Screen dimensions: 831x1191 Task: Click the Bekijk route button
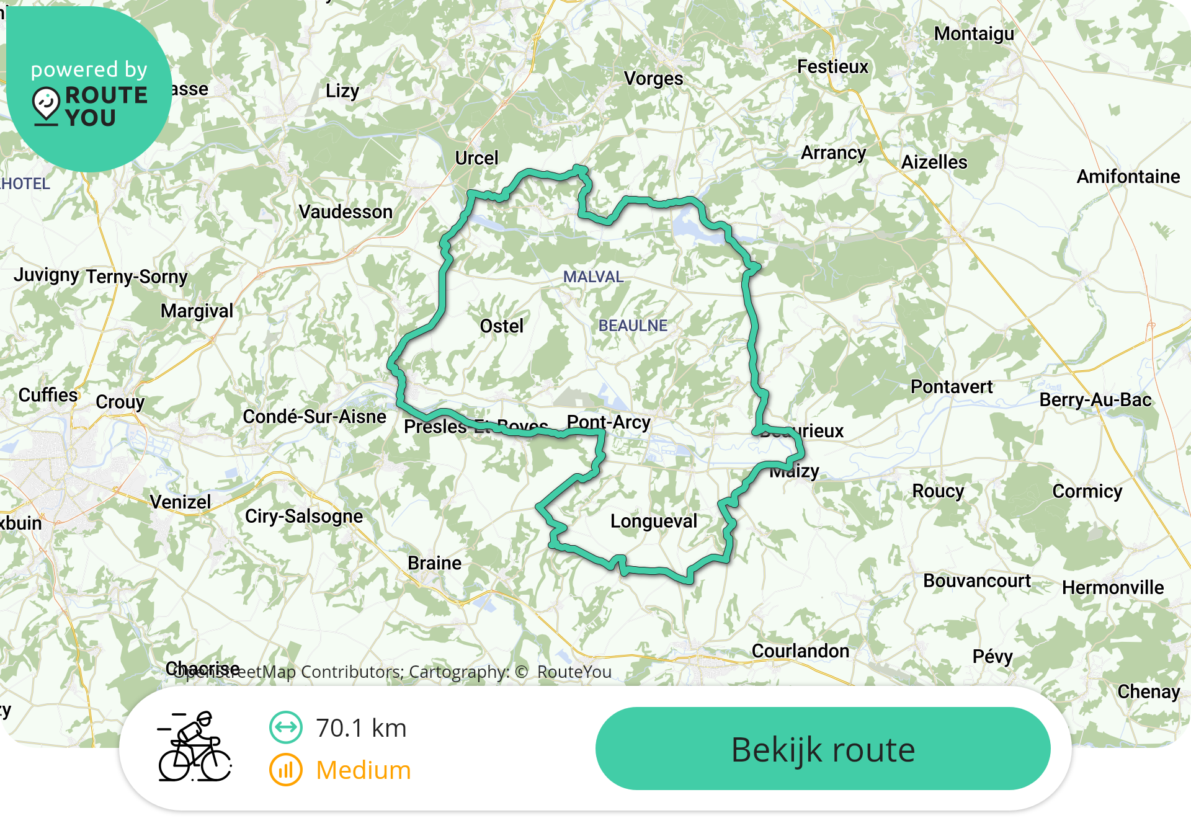click(x=823, y=749)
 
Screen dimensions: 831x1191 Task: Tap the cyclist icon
click(x=195, y=747)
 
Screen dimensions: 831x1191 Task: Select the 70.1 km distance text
click(x=361, y=728)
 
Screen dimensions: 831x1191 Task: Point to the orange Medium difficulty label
click(x=364, y=770)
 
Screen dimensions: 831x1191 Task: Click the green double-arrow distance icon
click(x=286, y=727)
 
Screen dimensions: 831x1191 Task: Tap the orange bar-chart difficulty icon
click(x=286, y=770)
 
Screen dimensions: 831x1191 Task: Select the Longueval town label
click(x=654, y=521)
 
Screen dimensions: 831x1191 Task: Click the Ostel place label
click(x=501, y=326)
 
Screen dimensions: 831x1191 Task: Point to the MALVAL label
click(x=593, y=277)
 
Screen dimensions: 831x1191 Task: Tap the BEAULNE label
click(x=633, y=326)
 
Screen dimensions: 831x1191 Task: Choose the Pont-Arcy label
click(x=609, y=422)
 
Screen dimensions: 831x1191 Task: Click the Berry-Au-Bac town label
click(x=1095, y=400)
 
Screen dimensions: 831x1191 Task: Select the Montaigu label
click(x=974, y=33)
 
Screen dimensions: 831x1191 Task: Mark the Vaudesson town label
click(x=346, y=212)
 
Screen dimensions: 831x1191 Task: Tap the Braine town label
click(x=434, y=563)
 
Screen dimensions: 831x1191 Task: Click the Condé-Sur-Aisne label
click(x=314, y=417)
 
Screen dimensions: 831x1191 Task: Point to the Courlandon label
click(x=800, y=651)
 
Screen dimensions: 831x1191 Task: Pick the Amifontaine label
click(x=1128, y=177)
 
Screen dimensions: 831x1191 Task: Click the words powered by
click(x=89, y=69)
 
